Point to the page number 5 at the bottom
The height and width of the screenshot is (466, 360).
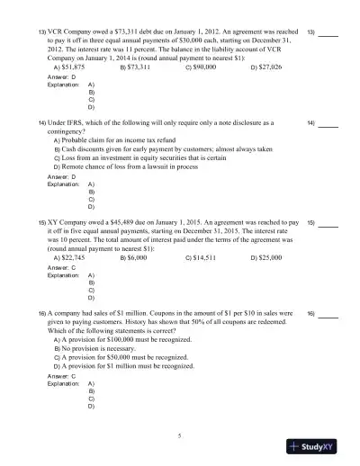pos(180,435)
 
